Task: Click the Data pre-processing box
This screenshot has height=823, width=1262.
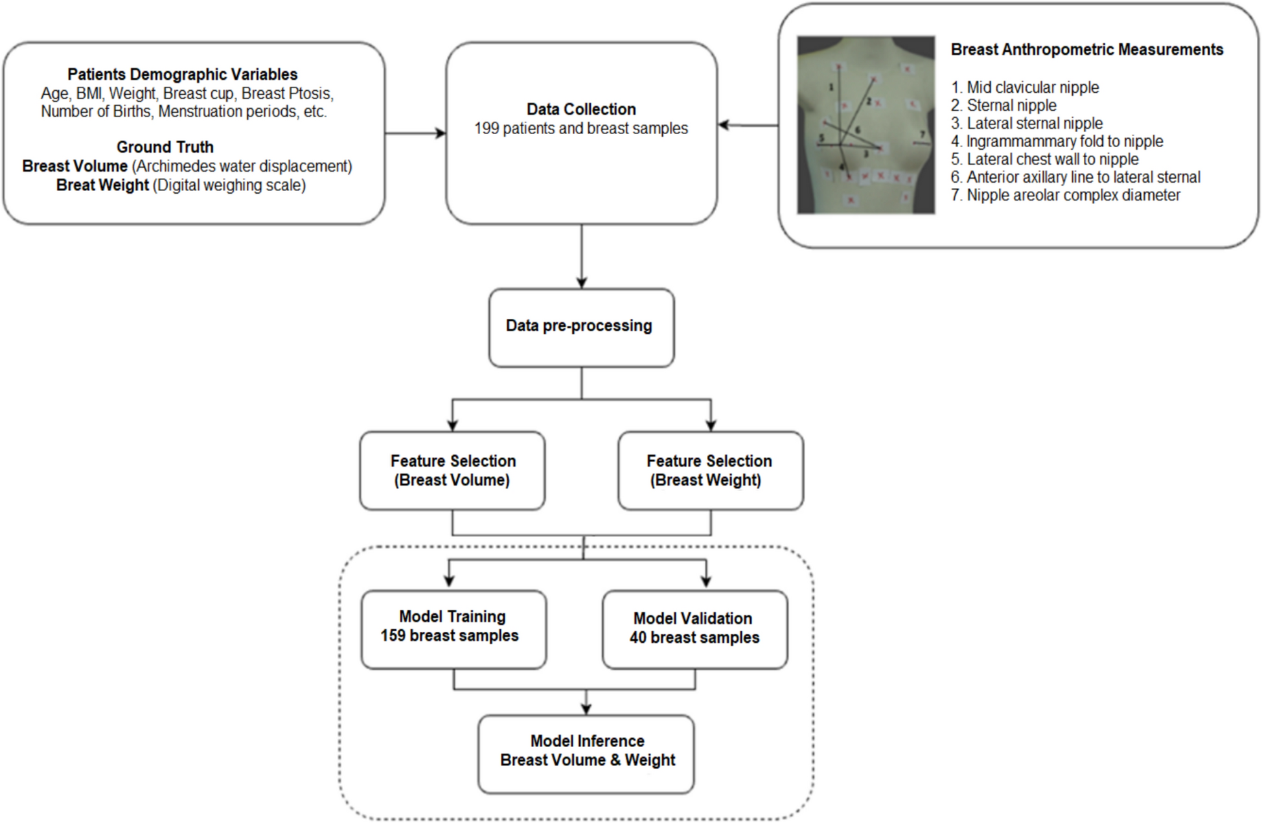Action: point(581,327)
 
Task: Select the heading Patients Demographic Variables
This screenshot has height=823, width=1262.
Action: point(182,75)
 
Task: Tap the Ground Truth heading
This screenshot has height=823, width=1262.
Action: point(165,147)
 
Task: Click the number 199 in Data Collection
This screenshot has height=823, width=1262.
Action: point(487,129)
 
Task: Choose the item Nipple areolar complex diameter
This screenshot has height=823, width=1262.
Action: point(1066,195)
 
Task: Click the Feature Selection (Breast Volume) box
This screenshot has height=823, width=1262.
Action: point(452,470)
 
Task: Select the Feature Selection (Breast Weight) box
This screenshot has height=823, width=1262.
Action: point(710,470)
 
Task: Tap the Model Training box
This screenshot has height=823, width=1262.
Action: point(453,629)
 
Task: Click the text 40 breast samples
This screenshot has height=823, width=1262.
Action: point(694,638)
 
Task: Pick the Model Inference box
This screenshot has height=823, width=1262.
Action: point(586,753)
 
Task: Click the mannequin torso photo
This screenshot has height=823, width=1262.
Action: point(866,124)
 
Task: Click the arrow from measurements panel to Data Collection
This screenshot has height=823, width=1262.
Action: point(748,125)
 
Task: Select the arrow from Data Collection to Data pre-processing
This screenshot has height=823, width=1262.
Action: point(582,257)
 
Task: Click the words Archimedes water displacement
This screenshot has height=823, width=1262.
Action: point(242,167)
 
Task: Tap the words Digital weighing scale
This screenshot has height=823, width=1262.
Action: point(229,185)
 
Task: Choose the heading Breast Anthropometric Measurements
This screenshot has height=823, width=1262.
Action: point(1086,50)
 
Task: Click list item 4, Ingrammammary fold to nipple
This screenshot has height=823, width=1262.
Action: point(1057,141)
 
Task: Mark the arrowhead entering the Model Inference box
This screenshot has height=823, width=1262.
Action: point(586,710)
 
